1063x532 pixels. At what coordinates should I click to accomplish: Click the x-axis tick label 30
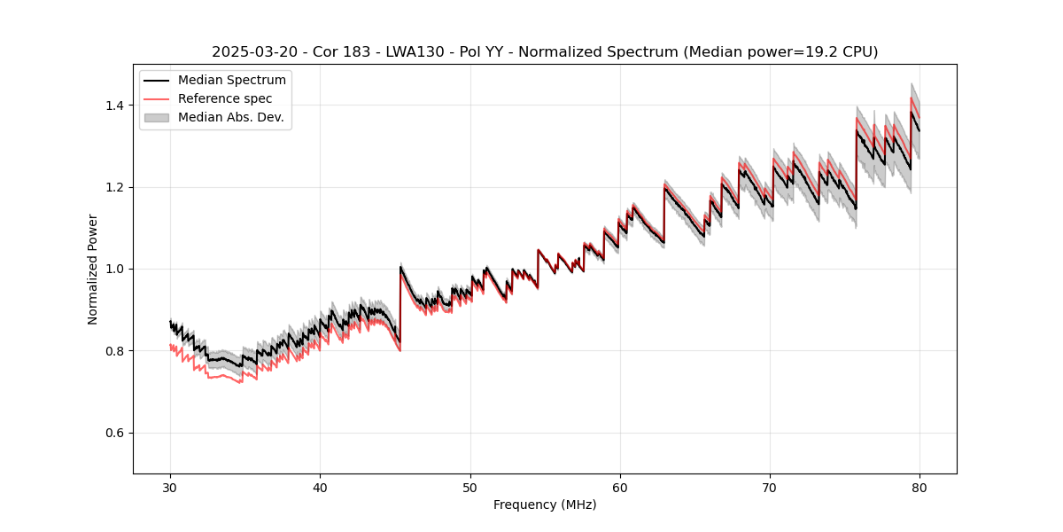coord(170,488)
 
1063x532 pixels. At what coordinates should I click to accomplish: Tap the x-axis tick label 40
coord(320,488)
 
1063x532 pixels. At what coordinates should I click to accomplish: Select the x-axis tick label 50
coord(469,488)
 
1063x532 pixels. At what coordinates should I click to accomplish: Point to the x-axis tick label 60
coord(620,488)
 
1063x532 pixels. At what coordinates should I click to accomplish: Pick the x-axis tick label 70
coord(770,488)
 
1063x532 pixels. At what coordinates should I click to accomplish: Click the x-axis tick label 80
coord(919,488)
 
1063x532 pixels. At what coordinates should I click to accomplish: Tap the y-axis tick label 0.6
coord(116,433)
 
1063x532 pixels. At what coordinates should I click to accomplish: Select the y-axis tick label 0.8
coord(116,351)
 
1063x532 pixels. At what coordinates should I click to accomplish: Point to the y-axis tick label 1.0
coord(116,269)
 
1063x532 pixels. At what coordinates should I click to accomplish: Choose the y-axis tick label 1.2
coord(116,187)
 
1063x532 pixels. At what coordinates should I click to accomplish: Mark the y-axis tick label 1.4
coord(116,106)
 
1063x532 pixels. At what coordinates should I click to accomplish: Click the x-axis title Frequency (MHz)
coord(545,505)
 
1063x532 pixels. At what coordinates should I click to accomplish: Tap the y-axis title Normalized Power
coord(93,269)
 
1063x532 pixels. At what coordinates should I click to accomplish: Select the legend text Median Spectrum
coord(231,81)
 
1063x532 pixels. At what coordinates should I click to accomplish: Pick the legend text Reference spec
coord(225,98)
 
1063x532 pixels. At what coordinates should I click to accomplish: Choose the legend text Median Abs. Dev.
coord(230,117)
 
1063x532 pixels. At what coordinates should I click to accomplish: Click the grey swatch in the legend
coord(157,117)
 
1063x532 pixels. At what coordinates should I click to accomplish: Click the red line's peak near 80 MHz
coord(912,98)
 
